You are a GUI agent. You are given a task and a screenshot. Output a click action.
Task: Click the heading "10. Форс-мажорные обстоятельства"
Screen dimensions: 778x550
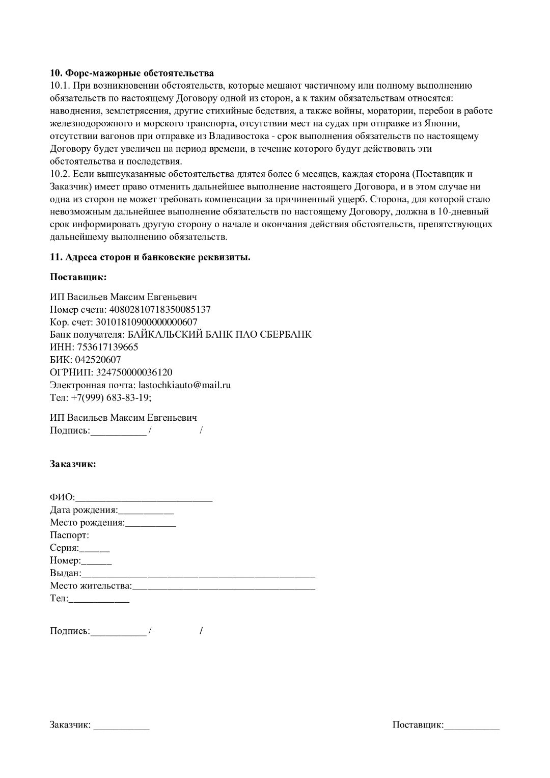click(x=132, y=73)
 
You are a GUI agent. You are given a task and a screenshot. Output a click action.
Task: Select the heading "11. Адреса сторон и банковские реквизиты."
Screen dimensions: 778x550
click(x=150, y=257)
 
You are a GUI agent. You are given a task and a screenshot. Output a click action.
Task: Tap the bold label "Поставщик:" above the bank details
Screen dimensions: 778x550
click(x=78, y=277)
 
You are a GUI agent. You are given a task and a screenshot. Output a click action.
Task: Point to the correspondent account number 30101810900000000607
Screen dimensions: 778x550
click(x=146, y=322)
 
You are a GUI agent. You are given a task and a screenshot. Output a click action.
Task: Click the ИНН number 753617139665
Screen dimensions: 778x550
click(x=107, y=347)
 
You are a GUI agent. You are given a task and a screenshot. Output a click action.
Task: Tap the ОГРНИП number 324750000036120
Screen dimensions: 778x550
click(x=134, y=372)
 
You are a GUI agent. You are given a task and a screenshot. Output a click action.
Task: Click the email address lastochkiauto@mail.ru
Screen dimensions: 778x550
click(x=184, y=385)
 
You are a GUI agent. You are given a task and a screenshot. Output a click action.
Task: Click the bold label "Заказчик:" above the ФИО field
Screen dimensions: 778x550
click(x=73, y=464)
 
